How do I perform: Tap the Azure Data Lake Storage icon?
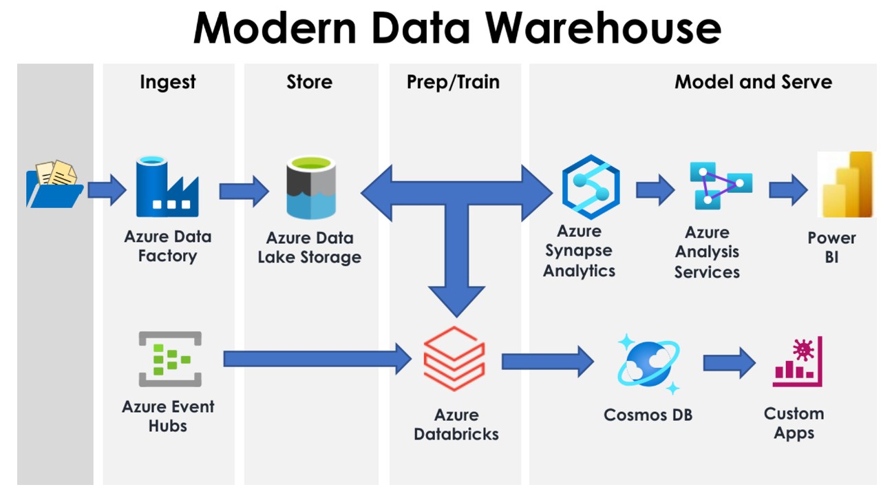point(310,187)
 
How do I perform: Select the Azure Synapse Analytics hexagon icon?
point(591,187)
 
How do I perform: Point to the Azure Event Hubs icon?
point(170,359)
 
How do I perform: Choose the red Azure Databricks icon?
point(454,359)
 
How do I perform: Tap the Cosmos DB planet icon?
point(648,363)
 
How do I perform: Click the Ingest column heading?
point(168,82)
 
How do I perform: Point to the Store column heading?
point(310,82)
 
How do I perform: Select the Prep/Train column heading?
point(453,82)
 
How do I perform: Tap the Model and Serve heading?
point(753,82)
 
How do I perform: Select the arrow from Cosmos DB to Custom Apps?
point(729,362)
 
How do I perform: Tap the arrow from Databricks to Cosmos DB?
point(547,361)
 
